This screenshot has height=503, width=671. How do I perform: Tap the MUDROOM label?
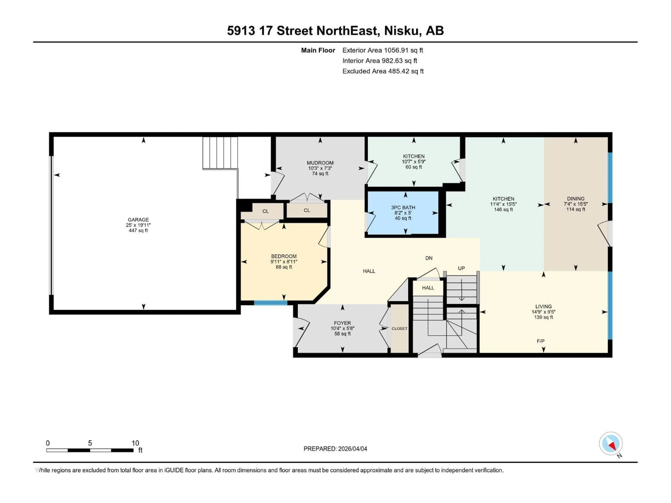click(320, 163)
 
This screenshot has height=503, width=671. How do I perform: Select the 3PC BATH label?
click(403, 207)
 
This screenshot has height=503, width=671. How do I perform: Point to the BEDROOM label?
click(284, 256)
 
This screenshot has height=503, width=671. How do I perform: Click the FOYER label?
click(342, 323)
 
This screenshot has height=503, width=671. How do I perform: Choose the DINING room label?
click(575, 199)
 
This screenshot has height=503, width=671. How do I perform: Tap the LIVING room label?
click(543, 307)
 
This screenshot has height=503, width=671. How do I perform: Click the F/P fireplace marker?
click(540, 341)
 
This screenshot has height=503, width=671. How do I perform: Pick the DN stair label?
click(429, 258)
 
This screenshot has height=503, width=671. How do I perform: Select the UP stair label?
click(461, 268)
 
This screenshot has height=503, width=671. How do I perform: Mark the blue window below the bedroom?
click(270, 303)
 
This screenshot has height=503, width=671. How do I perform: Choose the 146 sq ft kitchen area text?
click(503, 210)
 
